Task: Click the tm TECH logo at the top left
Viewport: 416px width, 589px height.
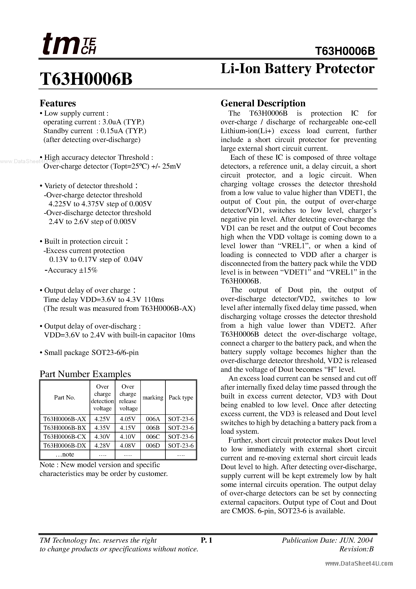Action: coord(69,44)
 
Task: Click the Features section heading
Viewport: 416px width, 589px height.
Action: coord(58,103)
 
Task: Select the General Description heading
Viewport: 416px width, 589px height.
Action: coord(263,103)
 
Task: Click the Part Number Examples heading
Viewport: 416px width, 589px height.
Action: coord(85,374)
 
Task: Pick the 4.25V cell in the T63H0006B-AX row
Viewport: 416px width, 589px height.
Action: coord(102,419)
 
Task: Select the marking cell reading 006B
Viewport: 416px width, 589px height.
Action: coord(153,428)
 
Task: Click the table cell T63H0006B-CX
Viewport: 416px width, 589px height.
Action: coord(65,437)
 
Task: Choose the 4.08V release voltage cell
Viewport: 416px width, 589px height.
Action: coord(127,446)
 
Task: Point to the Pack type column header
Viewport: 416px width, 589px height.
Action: coord(181,397)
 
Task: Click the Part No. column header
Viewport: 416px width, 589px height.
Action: coord(65,397)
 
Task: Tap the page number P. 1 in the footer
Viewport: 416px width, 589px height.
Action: coord(206,540)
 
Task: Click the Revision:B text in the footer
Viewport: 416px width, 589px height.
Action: coord(356,549)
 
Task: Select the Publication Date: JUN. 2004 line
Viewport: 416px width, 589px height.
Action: coord(327,540)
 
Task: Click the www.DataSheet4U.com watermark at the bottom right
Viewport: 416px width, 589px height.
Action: coord(359,564)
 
